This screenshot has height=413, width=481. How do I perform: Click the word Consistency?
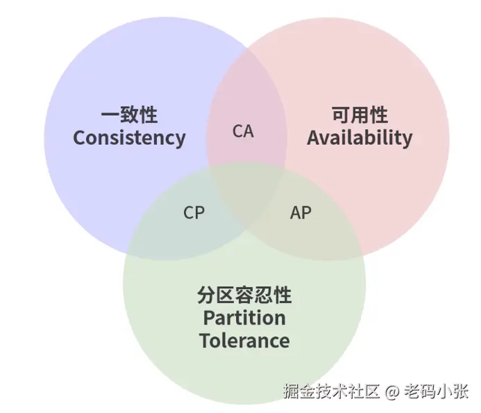(129, 138)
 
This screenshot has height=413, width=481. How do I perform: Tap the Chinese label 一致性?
(129, 115)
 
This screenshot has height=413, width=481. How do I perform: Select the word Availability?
(360, 138)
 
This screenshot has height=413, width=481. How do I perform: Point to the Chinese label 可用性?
(360, 115)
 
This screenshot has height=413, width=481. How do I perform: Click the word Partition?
(244, 318)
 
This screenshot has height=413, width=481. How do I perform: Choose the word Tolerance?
(244, 341)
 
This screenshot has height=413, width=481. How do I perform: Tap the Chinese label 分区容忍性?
(244, 295)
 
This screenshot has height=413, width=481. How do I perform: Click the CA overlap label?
(243, 131)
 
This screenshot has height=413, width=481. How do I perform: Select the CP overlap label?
(194, 213)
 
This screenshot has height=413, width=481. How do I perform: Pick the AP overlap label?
(301, 213)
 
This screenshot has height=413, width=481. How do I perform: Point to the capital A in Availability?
(314, 138)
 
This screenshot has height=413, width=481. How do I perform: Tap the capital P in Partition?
(208, 318)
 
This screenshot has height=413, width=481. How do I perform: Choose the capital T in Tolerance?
(205, 341)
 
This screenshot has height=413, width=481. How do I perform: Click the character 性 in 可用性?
(379, 115)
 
